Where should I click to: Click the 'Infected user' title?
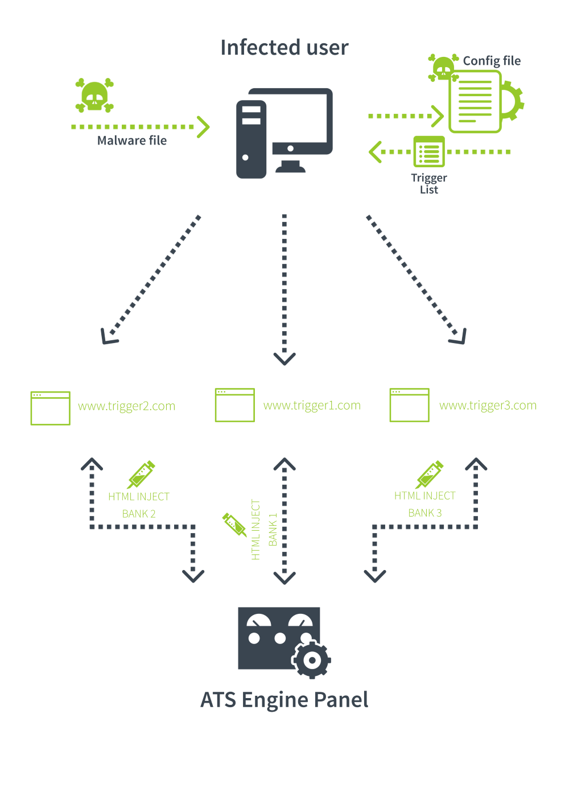(284, 48)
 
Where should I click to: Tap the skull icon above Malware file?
(94, 95)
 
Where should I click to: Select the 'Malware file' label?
(131, 141)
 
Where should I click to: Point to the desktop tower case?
(251, 139)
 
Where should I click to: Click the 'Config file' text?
(492, 61)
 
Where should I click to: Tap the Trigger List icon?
(429, 151)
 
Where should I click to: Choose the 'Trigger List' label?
(429, 184)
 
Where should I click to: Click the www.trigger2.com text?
(126, 406)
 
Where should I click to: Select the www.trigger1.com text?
(312, 406)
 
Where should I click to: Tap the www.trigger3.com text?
(488, 406)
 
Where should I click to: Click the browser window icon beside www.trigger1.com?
(234, 405)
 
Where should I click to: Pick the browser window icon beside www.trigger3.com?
(409, 405)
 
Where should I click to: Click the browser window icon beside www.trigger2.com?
(50, 408)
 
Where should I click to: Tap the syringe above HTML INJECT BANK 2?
(141, 474)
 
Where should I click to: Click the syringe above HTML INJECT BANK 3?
(430, 474)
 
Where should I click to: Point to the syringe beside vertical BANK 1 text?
(234, 524)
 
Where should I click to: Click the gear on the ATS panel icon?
(311, 660)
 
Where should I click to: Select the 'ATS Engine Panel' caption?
(284, 700)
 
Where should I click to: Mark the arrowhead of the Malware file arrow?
(204, 127)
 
